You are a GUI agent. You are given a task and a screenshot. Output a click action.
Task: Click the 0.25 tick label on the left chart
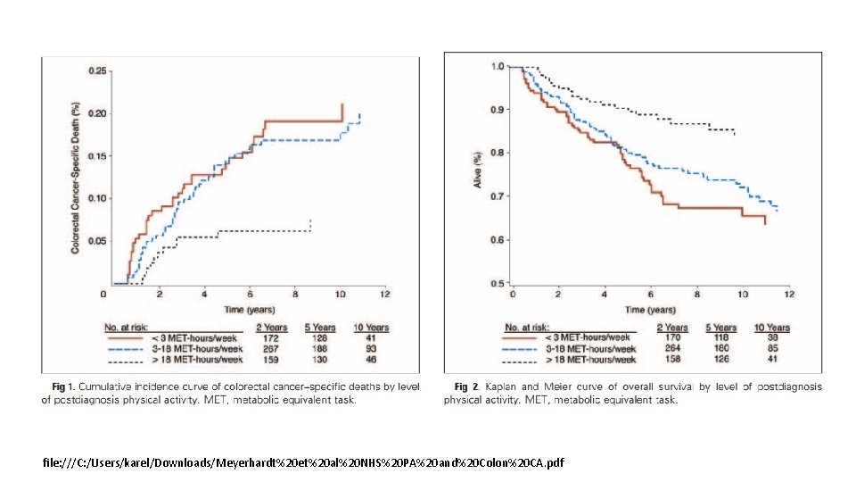pos(97,71)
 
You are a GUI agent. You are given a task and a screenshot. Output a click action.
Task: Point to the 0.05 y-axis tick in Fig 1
pos(97,240)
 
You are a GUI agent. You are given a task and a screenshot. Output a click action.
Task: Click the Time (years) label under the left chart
pos(246,309)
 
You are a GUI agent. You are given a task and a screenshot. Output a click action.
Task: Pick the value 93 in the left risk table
pos(370,349)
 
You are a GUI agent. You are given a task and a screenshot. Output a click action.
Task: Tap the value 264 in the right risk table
pos(675,349)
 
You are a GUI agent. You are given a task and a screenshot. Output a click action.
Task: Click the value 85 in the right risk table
pos(772,349)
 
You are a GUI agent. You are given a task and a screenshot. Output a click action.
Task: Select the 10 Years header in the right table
pos(772,328)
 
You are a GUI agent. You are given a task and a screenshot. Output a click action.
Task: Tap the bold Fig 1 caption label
pos(62,386)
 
